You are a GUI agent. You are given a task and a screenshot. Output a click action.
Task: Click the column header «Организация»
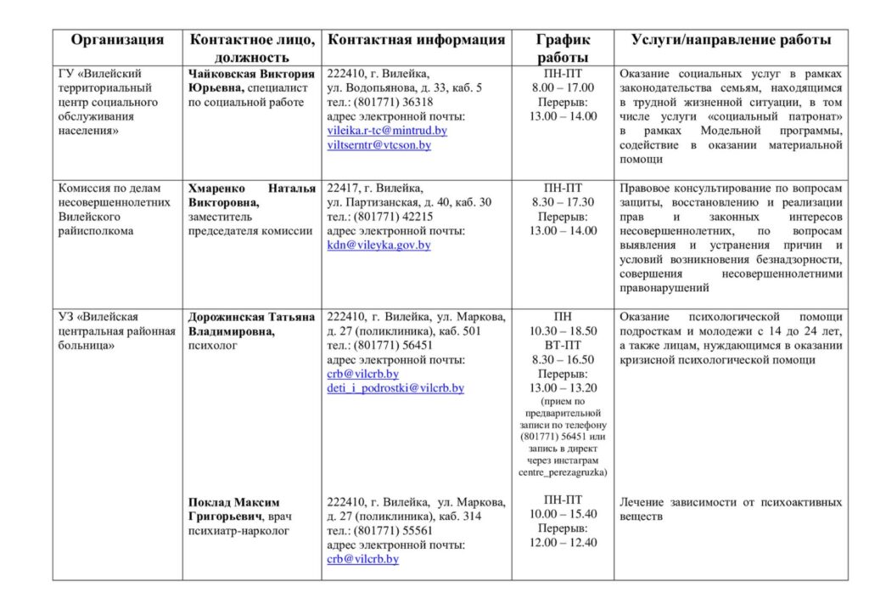pyautogui.click(x=117, y=40)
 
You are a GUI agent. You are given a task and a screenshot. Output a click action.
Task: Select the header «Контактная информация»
pyautogui.click(x=416, y=40)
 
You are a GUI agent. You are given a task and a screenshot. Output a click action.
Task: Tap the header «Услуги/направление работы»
pyautogui.click(x=731, y=40)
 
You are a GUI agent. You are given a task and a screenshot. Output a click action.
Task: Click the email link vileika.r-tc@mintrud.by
pyautogui.click(x=387, y=131)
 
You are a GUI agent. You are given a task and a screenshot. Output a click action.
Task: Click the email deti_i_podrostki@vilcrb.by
pyautogui.click(x=395, y=388)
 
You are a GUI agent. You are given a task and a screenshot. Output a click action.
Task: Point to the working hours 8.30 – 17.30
pyautogui.click(x=563, y=202)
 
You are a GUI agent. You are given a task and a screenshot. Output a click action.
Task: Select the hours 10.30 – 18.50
pyautogui.click(x=563, y=331)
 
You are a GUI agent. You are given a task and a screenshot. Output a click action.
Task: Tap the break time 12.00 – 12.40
pyautogui.click(x=563, y=543)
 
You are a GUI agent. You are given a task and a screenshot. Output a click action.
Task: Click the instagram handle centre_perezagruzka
pyautogui.click(x=563, y=472)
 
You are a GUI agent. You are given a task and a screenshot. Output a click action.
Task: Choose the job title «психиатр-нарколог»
pyautogui.click(x=238, y=531)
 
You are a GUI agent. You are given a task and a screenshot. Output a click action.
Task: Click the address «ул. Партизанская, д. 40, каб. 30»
pyautogui.click(x=409, y=202)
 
